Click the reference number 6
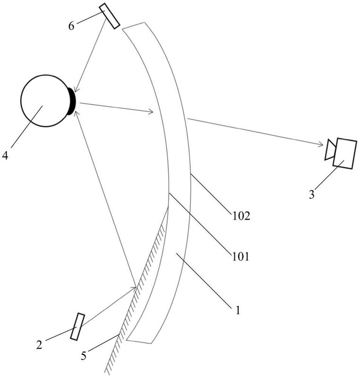[71, 26]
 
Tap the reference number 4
[5, 155]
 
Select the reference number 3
[311, 194]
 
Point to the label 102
[240, 217]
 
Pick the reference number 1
[238, 310]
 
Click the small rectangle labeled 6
[110, 17]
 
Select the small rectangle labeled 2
[77, 326]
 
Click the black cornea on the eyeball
[72, 101]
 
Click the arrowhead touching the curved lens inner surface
[152, 112]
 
